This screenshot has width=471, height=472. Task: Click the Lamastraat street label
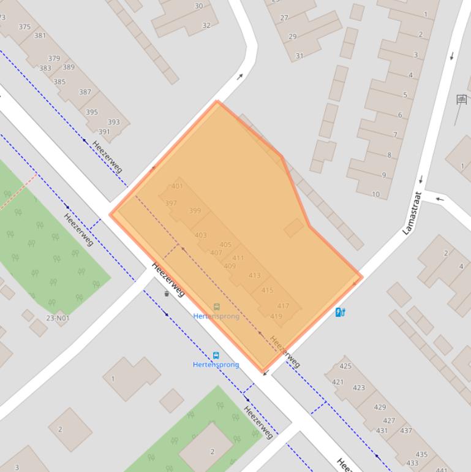(x=412, y=213)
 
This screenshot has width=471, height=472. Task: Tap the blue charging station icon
(x=341, y=312)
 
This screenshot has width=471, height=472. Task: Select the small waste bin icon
(x=167, y=294)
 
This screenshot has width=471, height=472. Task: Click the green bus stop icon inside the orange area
(x=216, y=307)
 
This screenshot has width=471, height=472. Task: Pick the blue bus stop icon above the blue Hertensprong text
(x=216, y=356)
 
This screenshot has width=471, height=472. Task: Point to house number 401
(x=177, y=186)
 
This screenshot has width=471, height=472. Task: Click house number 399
(x=195, y=211)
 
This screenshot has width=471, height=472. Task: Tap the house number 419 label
(x=276, y=316)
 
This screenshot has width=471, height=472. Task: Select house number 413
(x=254, y=276)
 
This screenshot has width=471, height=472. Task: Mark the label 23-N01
(x=58, y=318)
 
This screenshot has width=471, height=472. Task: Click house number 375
(x=24, y=27)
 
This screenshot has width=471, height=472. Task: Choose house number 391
(x=104, y=132)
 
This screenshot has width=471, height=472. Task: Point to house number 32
(x=206, y=26)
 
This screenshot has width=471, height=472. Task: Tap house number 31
(x=300, y=56)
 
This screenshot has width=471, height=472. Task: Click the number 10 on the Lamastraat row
(x=375, y=194)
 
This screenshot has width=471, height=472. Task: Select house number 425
(x=345, y=367)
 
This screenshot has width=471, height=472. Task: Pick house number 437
(x=405, y=431)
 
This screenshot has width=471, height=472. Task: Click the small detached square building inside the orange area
(x=293, y=228)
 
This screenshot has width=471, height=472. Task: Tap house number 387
(x=85, y=93)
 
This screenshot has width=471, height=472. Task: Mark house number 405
(x=225, y=245)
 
